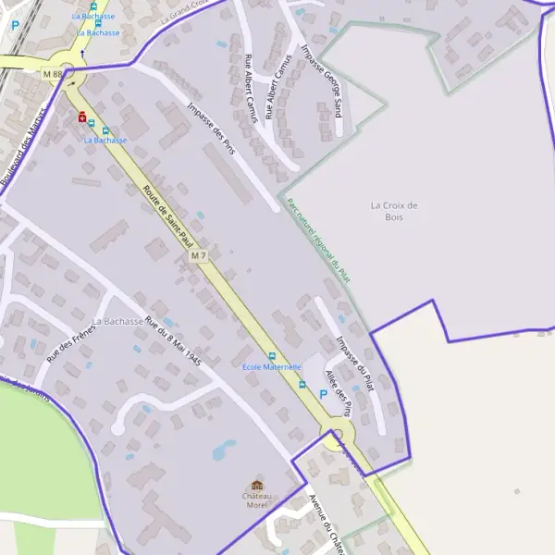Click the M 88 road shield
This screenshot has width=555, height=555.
click(x=52, y=73)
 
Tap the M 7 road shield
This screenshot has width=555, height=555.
click(x=197, y=254)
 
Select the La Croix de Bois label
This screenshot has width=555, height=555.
click(x=394, y=211)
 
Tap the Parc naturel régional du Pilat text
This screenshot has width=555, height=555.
click(x=318, y=245)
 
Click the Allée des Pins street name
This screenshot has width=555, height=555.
click(x=338, y=393)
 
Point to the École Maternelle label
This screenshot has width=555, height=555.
click(x=272, y=367)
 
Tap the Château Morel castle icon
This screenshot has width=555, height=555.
click(x=257, y=487)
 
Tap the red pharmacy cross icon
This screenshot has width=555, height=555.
click(x=82, y=117)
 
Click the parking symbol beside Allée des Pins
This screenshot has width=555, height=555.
click(x=323, y=394)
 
